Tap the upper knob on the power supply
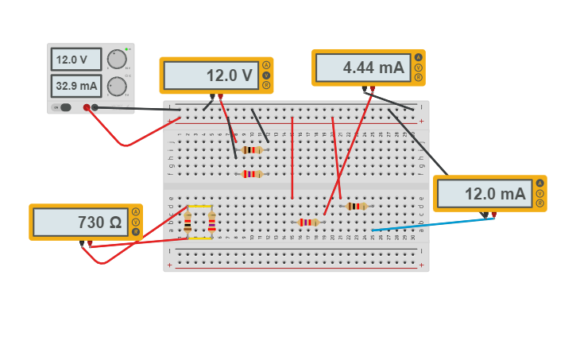(117, 60)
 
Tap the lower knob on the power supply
(117, 86)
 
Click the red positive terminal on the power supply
(87, 107)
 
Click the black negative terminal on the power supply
(95, 107)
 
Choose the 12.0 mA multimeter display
(484, 194)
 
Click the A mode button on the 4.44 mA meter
(419, 57)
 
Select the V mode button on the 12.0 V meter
(266, 75)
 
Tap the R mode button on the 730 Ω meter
(136, 232)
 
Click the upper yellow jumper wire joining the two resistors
(199, 207)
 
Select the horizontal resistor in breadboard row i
(252, 149)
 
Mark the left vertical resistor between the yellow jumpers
(187, 223)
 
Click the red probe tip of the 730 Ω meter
(90, 244)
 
